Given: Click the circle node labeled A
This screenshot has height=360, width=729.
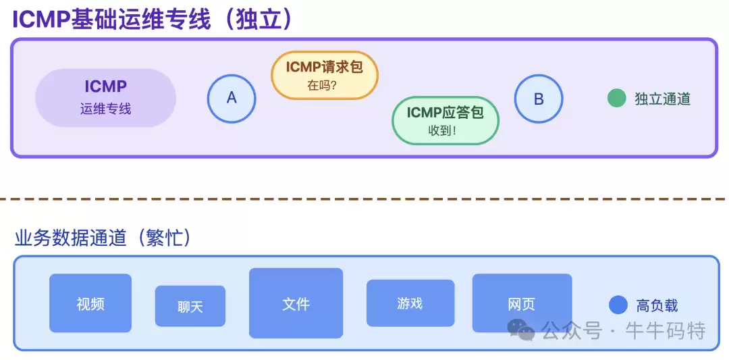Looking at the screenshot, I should point(232,98).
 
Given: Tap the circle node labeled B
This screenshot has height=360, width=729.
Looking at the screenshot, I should point(538,99).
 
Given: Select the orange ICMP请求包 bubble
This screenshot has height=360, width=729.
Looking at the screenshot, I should point(324,75).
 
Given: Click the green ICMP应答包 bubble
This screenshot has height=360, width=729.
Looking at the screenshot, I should point(445,120).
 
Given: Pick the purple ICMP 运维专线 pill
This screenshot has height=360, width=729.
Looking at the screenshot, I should point(105,97).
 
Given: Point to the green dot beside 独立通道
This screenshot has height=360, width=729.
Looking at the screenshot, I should point(616,99).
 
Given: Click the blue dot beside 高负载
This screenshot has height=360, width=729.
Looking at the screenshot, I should point(618,305).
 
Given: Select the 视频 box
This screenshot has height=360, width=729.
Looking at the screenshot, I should point(90,303).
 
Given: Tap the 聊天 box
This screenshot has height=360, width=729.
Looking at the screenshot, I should point(190,306).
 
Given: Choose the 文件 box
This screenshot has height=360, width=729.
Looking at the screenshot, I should point(296,303).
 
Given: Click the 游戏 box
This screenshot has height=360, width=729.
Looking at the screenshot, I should point(410,303).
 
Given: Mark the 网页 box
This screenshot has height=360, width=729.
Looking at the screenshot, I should point(521,303).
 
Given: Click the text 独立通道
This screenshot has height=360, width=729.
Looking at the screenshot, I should point(662,99).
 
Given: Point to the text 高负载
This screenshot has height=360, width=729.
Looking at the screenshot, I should point(657,305).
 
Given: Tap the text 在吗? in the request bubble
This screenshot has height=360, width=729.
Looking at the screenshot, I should point(322,85).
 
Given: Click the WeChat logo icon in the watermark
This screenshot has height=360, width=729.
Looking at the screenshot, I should point(521,330).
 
